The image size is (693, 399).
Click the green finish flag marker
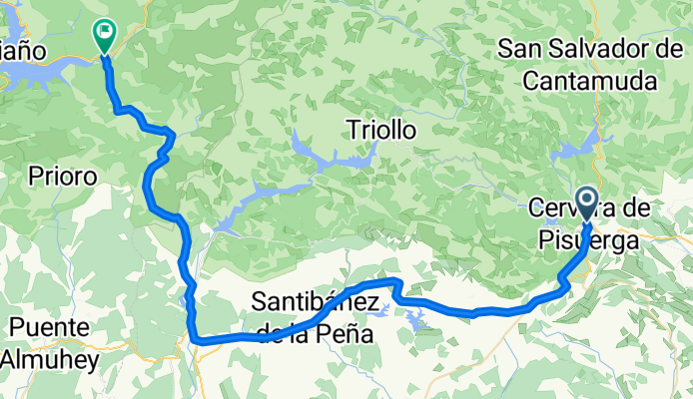[104, 34]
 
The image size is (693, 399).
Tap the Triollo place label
[379, 130]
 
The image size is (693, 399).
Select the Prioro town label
[62, 177]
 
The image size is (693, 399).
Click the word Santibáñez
[315, 299]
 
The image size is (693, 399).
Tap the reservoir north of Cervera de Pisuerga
[573, 150]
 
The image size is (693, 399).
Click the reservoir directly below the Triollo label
[335, 159]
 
